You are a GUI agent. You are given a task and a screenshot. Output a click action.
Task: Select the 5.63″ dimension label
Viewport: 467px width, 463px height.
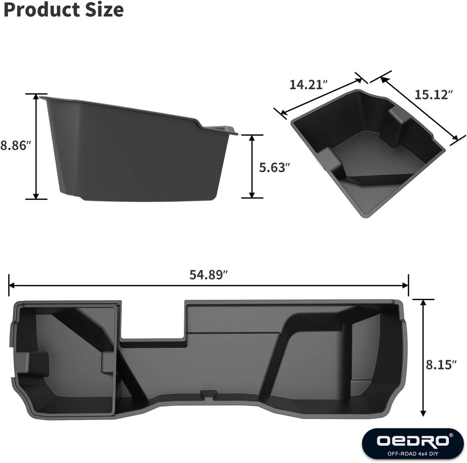(x=274, y=167)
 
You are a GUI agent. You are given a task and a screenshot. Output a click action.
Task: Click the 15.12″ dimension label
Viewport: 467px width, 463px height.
(x=434, y=94)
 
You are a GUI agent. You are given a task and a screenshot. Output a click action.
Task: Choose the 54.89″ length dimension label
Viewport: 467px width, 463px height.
(x=209, y=274)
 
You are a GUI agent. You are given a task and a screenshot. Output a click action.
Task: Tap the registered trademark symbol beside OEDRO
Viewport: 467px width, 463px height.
(x=450, y=435)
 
